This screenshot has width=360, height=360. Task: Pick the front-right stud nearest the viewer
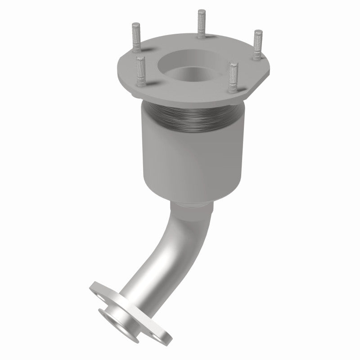click(233, 76)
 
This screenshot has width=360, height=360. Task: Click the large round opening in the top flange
click(189, 63)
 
